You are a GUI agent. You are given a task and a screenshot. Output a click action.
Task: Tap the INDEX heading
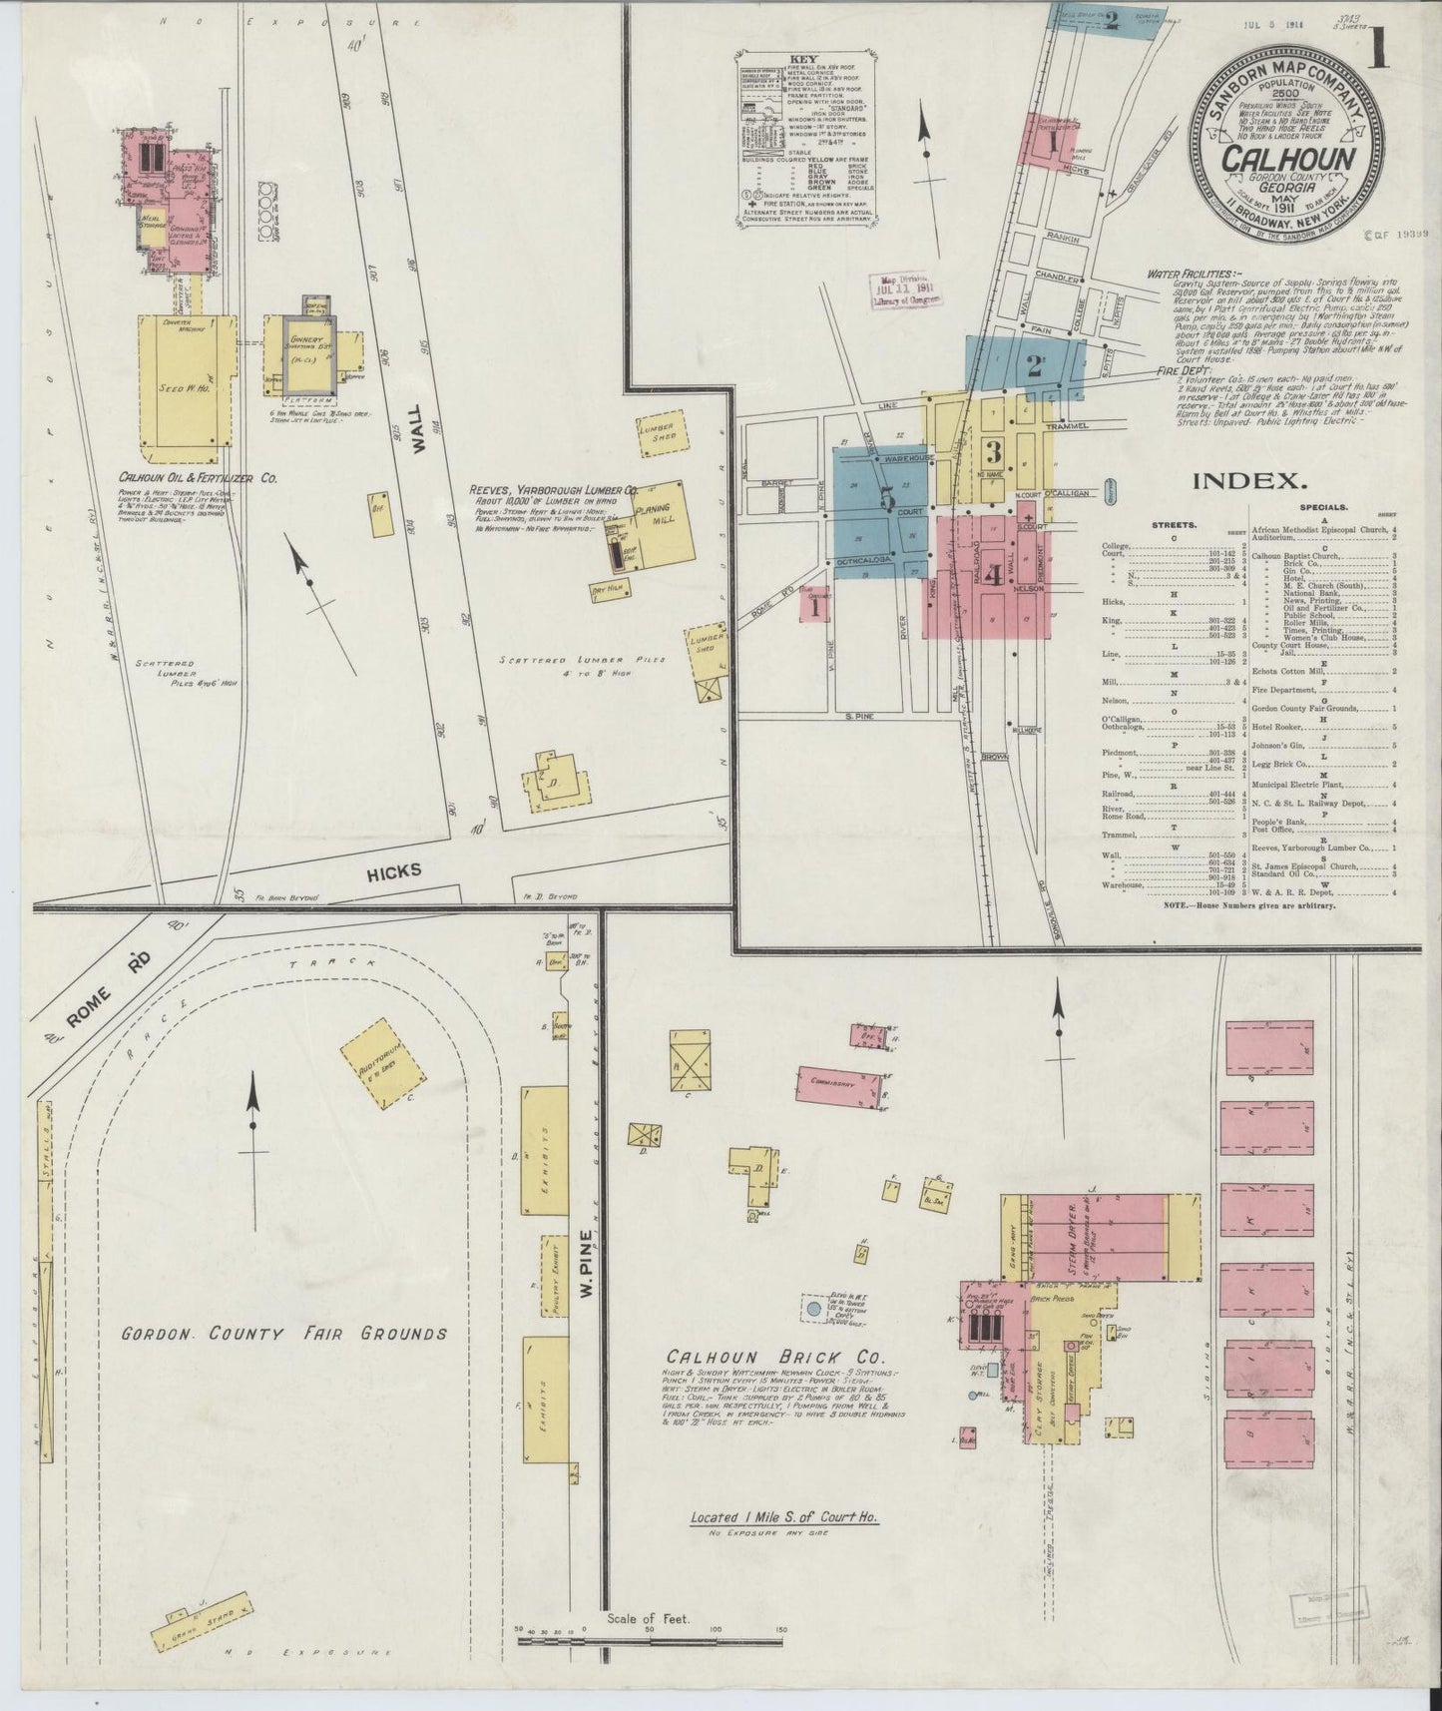tap(1249, 481)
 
